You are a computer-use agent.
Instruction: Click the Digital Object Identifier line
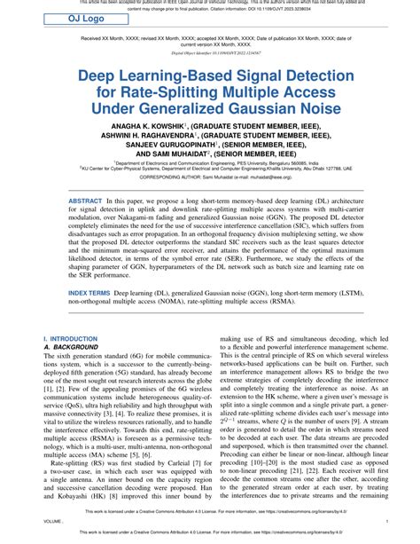[209, 53]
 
